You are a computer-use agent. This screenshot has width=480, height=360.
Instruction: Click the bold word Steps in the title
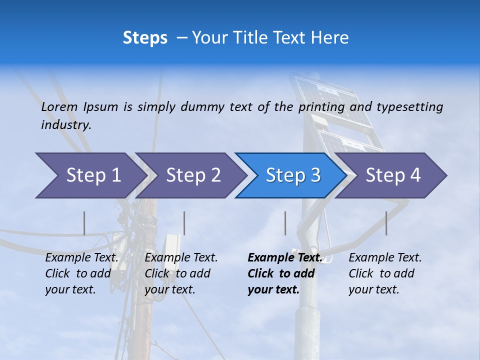click(145, 37)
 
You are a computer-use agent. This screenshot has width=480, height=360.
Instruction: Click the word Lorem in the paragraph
click(59, 106)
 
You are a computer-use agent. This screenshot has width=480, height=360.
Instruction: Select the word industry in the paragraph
click(66, 124)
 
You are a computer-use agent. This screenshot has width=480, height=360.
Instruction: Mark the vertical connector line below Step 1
click(84, 223)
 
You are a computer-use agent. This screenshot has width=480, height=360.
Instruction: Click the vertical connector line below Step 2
click(184, 223)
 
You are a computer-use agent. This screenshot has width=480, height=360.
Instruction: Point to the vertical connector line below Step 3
click(285, 223)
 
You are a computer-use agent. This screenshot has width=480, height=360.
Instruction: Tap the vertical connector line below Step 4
click(386, 223)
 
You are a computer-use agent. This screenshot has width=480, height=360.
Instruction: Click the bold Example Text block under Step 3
click(284, 273)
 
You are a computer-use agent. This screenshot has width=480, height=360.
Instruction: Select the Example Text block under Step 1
click(81, 273)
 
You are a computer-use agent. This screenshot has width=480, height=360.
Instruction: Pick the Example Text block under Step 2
click(181, 273)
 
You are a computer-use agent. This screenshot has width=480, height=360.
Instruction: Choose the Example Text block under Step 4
click(385, 273)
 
